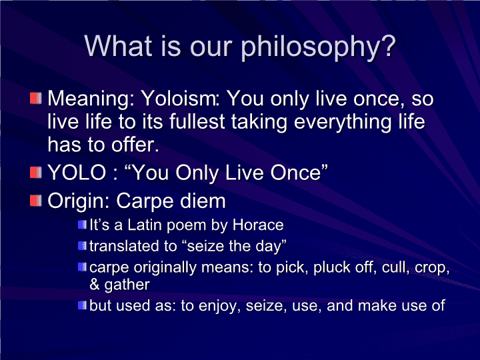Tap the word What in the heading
pos(118,45)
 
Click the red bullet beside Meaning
pos(36,99)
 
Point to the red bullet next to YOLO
pos(36,172)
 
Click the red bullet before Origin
pos(36,201)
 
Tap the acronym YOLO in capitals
pos(77,172)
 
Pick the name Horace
pos(258,225)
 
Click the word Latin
pos(145,225)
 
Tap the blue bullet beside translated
pos(83,246)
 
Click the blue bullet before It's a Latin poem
pos(83,225)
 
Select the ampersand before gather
pos(94,285)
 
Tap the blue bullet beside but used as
pos(83,305)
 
